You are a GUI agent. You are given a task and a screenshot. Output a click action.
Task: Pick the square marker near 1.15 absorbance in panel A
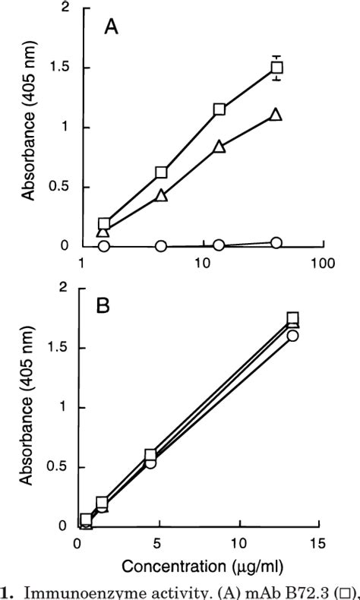219,109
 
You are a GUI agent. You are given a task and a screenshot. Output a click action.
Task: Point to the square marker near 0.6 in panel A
161,172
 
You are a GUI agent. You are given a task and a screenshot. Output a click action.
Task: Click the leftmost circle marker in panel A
104,246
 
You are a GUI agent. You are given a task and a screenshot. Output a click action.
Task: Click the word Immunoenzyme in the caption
69,592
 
